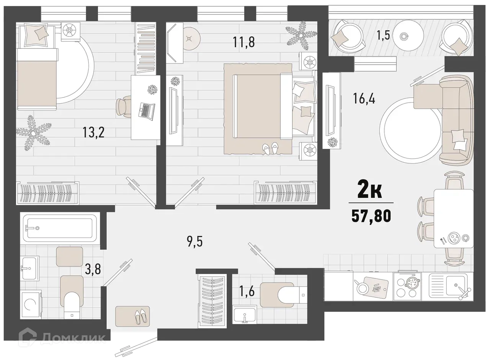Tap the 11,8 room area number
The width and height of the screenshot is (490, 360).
[244, 42]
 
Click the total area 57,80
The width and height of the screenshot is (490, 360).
[371, 216]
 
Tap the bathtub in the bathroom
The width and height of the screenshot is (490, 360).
[59, 228]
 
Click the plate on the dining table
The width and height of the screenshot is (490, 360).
[454, 238]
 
